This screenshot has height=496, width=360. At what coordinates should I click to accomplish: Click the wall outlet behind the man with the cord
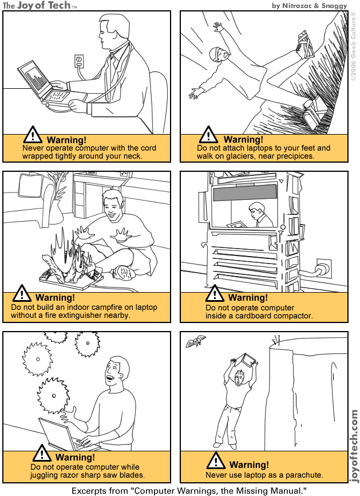80,60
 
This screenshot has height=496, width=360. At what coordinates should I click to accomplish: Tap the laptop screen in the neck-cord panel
33,78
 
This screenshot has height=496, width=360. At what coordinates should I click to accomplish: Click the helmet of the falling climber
215,53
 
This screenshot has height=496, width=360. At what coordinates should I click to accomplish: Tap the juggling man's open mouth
109,377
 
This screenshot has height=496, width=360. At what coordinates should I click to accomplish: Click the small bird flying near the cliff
195,342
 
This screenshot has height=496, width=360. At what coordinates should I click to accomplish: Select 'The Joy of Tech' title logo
38,5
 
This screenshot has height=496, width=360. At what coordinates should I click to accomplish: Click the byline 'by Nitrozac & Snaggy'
313,5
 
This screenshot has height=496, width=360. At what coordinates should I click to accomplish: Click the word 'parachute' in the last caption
303,475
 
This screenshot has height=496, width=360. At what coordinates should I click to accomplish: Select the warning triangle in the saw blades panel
41,454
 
